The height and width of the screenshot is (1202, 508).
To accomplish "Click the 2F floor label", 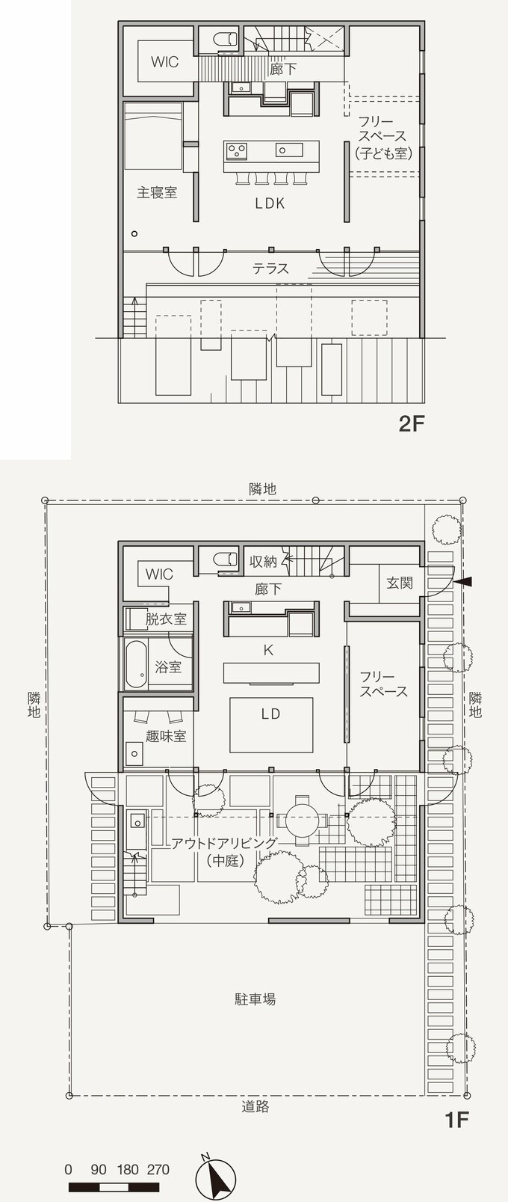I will coord(411,425).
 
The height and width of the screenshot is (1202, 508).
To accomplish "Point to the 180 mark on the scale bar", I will coord(128,1170).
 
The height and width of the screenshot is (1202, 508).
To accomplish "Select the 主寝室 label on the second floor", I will coord(157,192).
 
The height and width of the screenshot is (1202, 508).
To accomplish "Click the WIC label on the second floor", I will coord(164,62).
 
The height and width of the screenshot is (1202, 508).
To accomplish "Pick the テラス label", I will coord(270,268).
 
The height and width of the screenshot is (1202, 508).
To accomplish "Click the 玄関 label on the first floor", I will coord(400,582).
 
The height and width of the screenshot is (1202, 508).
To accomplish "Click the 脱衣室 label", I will coord(166,619).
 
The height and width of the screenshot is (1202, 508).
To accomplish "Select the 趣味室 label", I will coord(167,736).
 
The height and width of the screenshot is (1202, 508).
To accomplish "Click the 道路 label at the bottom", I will coord(255,1106).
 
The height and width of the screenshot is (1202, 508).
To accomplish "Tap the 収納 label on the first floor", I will coord(264,561).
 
